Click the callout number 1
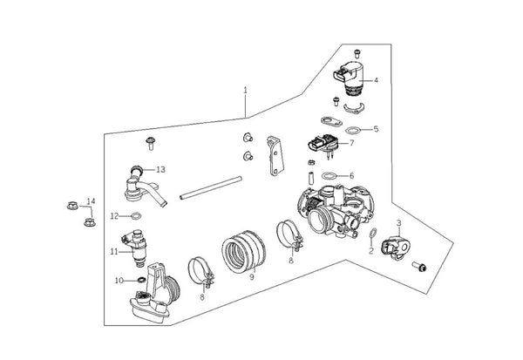click(x=246, y=90)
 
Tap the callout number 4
click(x=376, y=80)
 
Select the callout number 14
click(x=91, y=201)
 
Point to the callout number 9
click(x=252, y=276)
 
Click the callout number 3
click(x=398, y=223)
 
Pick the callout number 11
click(x=114, y=252)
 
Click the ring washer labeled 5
click(x=353, y=130)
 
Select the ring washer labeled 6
click(x=329, y=176)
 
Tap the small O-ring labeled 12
click(x=136, y=216)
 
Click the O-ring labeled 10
click(x=141, y=280)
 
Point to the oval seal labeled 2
click(x=373, y=234)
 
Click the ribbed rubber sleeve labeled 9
click(x=243, y=252)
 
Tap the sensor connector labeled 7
click(x=323, y=144)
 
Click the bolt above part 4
click(x=357, y=54)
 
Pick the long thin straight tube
click(x=210, y=187)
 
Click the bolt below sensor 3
click(x=419, y=266)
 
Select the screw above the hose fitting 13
click(x=151, y=144)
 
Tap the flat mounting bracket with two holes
click(x=275, y=155)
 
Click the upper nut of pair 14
click(x=72, y=206)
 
